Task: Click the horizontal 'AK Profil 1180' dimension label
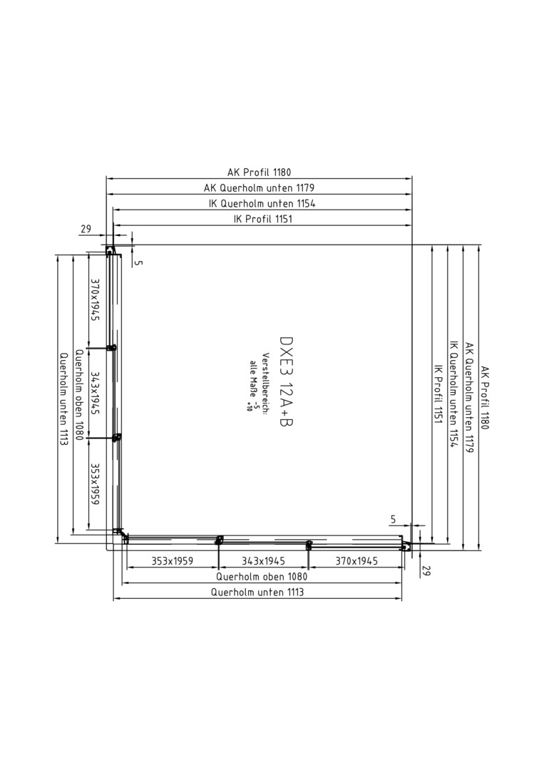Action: tap(259, 173)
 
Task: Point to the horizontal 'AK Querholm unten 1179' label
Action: tap(259, 188)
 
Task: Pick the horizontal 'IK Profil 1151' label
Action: tap(262, 219)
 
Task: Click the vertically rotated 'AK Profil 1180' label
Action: tap(485, 397)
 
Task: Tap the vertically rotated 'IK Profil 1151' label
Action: tap(438, 394)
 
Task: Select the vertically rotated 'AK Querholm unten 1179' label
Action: tap(469, 397)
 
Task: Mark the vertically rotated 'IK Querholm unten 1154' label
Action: tap(453, 394)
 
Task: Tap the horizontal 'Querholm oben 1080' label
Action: tap(262, 577)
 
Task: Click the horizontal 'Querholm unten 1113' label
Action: tap(257, 592)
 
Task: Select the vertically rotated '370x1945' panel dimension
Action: tap(95, 300)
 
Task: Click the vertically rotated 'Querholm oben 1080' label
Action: tap(79, 395)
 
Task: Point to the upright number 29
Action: tap(86, 229)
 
